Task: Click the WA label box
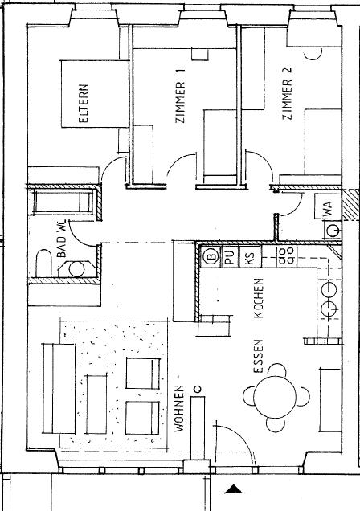(329, 206)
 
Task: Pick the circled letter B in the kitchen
(210, 258)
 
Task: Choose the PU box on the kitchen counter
(229, 258)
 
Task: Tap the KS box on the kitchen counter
(250, 258)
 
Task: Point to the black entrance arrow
(233, 489)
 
